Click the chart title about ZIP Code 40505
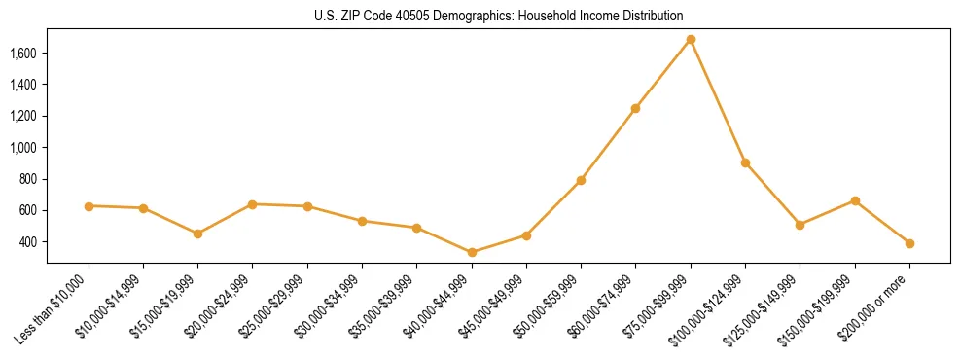point(498,16)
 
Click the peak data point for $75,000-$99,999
point(691,40)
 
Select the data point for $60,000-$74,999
point(636,108)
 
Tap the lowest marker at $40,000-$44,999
point(472,252)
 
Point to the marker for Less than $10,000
point(89,206)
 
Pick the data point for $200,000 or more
point(909,243)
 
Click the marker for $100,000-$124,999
point(745,162)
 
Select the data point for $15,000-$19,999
point(198,234)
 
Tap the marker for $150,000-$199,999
point(855,200)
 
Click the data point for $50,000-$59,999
point(581,180)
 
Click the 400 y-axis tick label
point(28,241)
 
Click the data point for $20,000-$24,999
point(253,204)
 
